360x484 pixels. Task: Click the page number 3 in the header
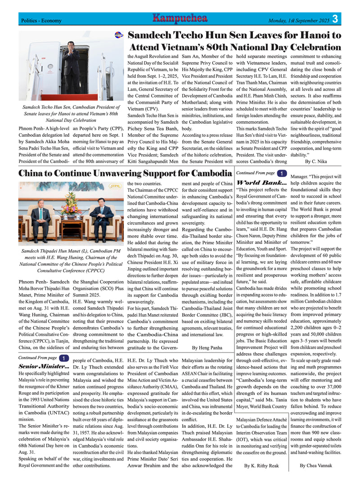pos(336,19)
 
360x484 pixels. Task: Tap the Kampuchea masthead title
pos(180,18)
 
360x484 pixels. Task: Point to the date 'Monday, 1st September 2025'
pos(299,21)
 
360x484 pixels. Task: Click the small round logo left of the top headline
pos(119,35)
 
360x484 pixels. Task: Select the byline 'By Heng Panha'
pos(207,347)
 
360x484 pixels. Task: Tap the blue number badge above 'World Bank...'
pos(281,173)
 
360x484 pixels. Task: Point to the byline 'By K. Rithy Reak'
pos(261,466)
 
